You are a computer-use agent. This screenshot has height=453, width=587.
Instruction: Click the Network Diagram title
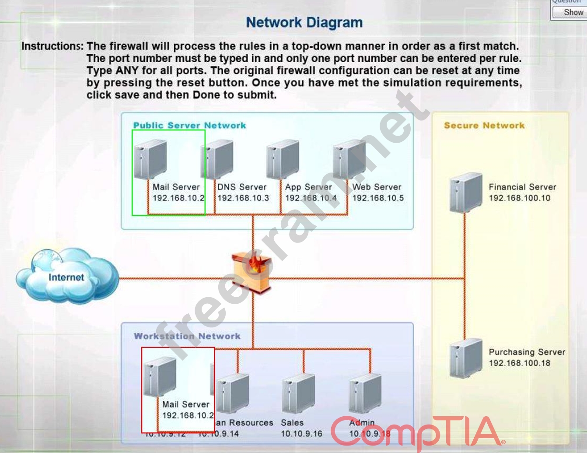click(x=304, y=22)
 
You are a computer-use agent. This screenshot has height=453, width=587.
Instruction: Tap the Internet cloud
click(x=66, y=276)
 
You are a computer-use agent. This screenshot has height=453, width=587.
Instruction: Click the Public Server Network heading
click(x=189, y=126)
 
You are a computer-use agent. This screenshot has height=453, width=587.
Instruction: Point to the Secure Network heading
click(x=484, y=126)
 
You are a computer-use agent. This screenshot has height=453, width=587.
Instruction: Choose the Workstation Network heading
click(x=187, y=336)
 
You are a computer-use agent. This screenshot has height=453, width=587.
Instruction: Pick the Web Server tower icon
click(x=349, y=159)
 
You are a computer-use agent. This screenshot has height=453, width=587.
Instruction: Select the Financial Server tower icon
click(x=465, y=193)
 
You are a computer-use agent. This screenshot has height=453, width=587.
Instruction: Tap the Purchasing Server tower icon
click(x=465, y=358)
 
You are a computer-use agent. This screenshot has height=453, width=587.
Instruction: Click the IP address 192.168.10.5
click(x=378, y=198)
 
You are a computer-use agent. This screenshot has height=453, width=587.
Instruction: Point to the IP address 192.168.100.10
click(x=519, y=198)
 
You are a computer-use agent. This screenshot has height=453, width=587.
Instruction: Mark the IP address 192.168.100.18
click(x=519, y=363)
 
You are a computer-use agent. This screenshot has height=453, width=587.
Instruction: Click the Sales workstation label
click(x=292, y=423)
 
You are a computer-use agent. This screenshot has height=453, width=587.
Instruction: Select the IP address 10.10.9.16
click(x=301, y=434)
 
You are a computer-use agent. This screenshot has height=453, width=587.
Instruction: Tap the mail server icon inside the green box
click(x=151, y=159)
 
